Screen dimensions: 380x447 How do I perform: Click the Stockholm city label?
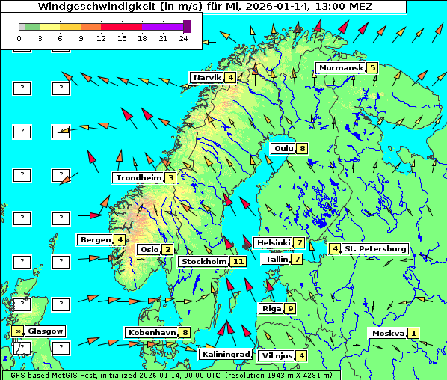(204, 261)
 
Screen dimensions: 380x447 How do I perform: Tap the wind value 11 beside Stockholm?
(238, 261)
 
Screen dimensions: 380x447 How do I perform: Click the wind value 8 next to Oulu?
(302, 148)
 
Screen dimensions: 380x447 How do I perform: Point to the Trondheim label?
(138, 177)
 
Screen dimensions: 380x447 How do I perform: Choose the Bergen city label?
(95, 239)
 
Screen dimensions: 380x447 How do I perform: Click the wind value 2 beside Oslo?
(168, 249)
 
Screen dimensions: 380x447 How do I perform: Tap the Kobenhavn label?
(151, 332)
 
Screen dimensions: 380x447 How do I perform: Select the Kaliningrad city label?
(225, 354)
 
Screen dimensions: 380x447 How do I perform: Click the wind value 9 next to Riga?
(290, 308)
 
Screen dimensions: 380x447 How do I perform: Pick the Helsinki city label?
(273, 242)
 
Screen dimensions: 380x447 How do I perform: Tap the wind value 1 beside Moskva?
(413, 333)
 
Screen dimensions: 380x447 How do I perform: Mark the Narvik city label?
(207, 77)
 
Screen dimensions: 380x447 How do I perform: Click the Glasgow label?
(46, 331)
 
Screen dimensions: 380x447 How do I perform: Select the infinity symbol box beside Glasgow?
(16, 331)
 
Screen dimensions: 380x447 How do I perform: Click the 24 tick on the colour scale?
(184, 37)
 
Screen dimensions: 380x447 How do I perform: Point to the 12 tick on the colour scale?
(102, 37)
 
